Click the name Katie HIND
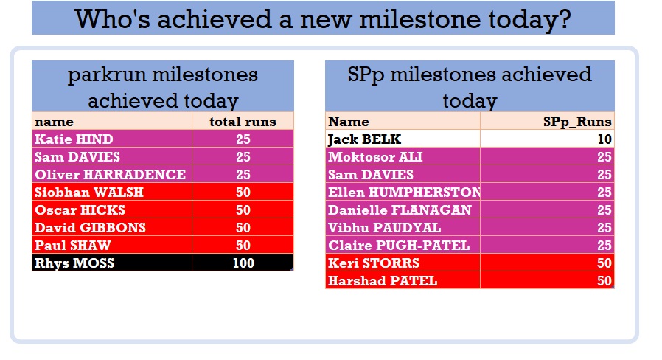[74, 139]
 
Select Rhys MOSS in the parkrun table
[74, 263]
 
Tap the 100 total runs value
[243, 263]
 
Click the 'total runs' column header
[243, 122]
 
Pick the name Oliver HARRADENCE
[110, 175]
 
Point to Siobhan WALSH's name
[89, 193]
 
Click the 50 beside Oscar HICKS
[243, 210]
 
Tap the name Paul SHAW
[73, 246]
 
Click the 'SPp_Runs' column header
[577, 122]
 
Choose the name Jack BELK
[364, 139]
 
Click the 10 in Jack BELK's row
[604, 139]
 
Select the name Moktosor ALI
[375, 156]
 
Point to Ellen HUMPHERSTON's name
[404, 193]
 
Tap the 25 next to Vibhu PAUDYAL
[604, 228]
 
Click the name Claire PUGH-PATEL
[399, 246]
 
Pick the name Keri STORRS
[374, 263]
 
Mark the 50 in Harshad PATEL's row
[604, 281]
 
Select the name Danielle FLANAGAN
[400, 210]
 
